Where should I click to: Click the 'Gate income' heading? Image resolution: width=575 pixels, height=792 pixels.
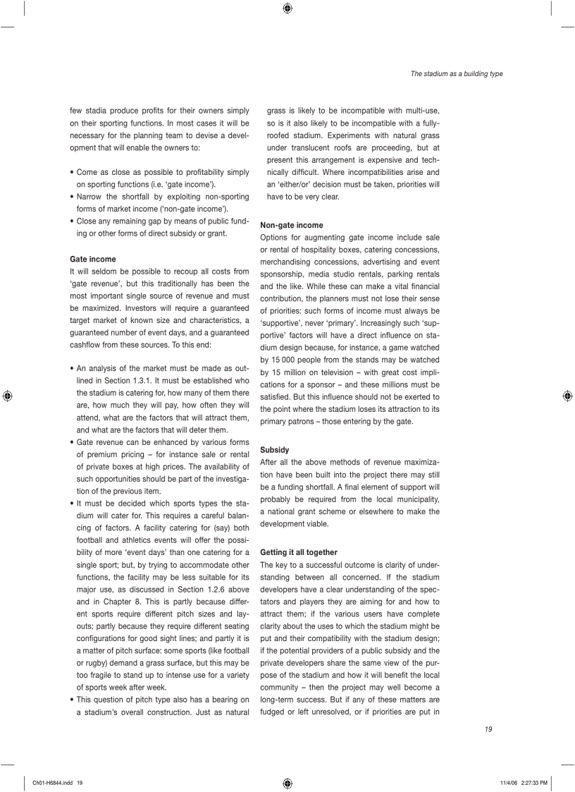tap(92, 259)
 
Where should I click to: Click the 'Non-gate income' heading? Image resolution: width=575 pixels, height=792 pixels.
tap(292, 225)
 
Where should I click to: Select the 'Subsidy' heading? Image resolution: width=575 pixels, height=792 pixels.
tap(274, 449)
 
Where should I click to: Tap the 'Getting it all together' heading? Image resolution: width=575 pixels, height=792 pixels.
tap(299, 552)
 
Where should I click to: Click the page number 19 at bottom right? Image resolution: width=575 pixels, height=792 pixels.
tap(488, 729)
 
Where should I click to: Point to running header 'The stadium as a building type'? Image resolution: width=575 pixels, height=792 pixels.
tap(457, 74)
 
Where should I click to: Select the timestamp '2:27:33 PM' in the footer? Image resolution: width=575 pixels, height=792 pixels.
tap(533, 782)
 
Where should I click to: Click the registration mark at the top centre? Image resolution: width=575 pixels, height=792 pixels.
tap(287, 8)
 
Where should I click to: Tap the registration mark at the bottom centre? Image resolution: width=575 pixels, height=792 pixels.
tap(287, 782)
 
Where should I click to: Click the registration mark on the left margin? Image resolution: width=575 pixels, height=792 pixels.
tap(6, 396)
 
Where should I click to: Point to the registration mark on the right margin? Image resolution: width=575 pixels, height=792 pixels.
tap(567, 396)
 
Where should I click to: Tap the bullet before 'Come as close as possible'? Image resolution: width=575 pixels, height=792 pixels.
tap(72, 172)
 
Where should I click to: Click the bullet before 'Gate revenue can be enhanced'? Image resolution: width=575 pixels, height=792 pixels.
tap(72, 442)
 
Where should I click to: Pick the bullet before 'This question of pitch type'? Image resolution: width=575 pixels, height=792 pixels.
tap(72, 700)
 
